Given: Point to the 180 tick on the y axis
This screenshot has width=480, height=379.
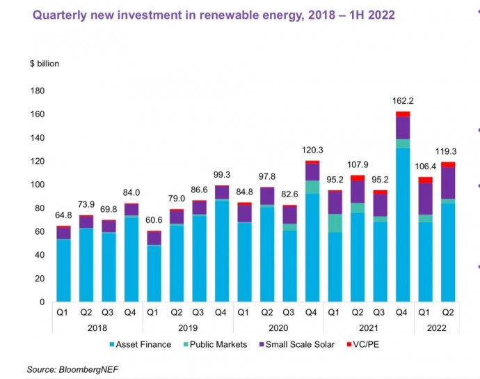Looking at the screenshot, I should click(38, 91).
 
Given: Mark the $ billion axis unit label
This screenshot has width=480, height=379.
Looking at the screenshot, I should click(45, 63).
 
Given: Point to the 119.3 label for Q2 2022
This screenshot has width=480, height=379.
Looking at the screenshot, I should click(447, 150).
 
